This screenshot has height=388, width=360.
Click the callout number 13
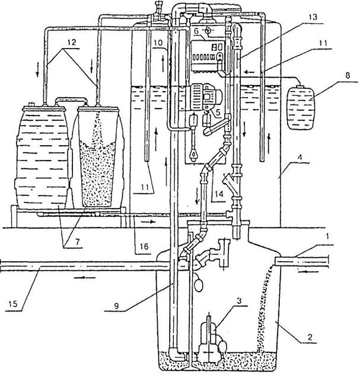(313, 18)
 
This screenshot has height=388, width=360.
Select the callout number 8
(348, 76)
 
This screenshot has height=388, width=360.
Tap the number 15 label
(13, 304)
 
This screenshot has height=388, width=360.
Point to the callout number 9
(116, 306)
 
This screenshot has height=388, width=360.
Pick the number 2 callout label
(310, 336)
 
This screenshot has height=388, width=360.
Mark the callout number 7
(78, 242)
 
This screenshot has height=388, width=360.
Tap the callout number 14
(219, 194)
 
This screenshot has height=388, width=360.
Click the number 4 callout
(300, 158)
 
